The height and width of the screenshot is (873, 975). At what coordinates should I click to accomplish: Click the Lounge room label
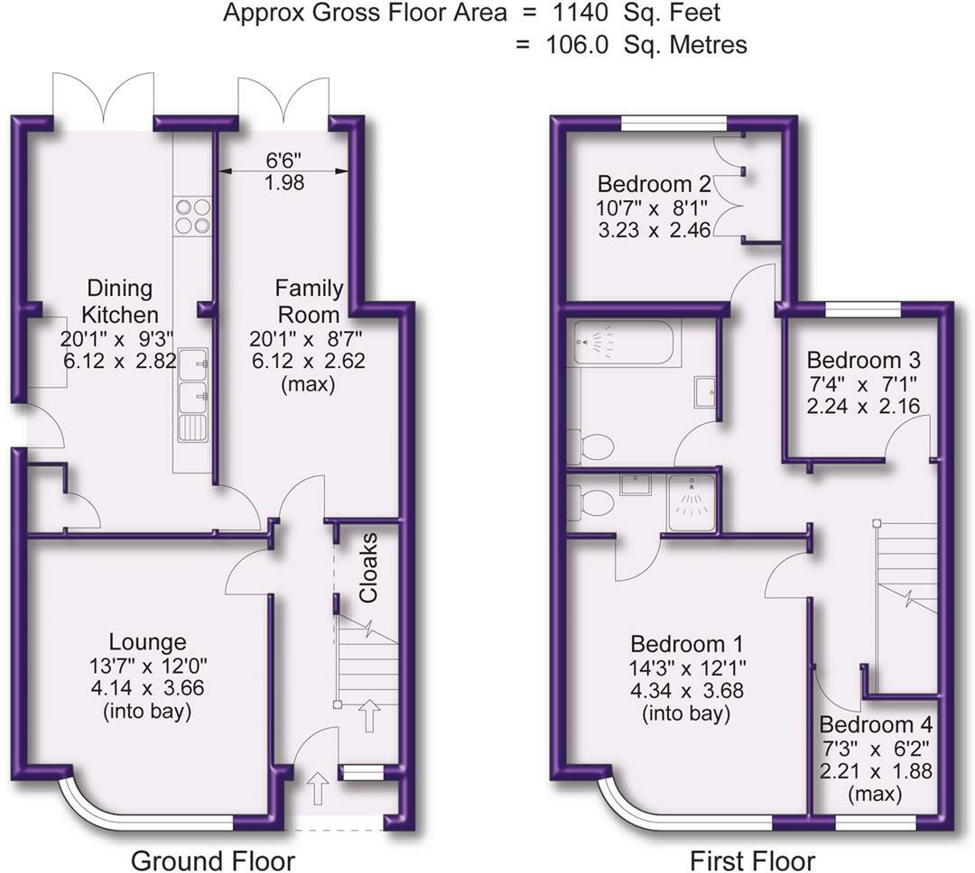coord(147,642)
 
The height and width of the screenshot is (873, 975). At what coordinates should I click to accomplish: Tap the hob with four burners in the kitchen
coord(191,216)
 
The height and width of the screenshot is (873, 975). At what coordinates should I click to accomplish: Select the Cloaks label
coord(368,570)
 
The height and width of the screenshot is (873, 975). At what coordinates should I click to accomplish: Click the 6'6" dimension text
coord(285,161)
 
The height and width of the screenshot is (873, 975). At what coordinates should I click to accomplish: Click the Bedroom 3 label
coord(863,360)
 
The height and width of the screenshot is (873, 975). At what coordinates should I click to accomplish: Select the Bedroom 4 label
coord(876,725)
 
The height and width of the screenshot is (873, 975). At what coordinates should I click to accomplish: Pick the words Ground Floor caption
coord(213,859)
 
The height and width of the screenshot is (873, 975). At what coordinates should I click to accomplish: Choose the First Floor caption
coord(752,859)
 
